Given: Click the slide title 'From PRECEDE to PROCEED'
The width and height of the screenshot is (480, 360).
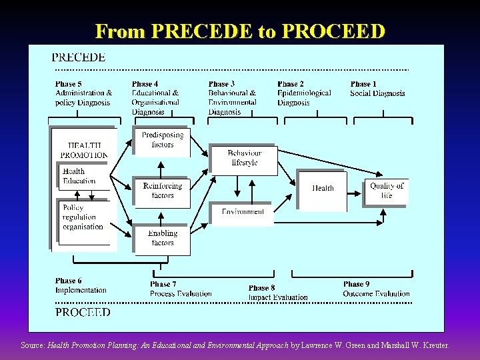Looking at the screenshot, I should [240, 31].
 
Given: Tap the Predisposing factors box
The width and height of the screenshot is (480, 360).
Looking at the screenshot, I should [162, 140].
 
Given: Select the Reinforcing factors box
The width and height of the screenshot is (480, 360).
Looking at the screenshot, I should [162, 191].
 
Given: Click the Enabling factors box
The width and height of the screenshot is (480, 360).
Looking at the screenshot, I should [162, 239].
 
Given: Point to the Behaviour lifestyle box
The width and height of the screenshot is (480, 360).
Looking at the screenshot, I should [244, 159].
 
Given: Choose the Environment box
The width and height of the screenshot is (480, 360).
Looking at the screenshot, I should [243, 213].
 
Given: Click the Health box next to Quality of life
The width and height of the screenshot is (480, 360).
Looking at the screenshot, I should [323, 189].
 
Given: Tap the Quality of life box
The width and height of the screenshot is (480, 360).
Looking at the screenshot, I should [386, 191].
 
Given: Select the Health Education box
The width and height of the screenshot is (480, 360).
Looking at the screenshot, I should [81, 177].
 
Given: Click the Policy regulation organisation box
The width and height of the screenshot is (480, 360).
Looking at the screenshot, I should [83, 217].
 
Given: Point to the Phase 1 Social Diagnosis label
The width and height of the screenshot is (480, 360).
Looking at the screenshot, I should [377, 89].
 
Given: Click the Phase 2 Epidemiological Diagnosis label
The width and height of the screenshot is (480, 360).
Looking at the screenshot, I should [304, 93].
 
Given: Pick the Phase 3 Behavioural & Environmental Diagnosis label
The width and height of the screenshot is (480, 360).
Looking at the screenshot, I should [232, 98].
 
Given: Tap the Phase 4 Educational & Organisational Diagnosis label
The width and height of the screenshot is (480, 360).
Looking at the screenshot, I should [155, 98].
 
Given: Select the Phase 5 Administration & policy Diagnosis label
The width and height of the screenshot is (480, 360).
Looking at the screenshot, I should [84, 93].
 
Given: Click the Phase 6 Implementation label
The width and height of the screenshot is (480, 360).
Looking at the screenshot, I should [81, 285].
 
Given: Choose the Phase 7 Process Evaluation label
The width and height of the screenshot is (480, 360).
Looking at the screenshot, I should [181, 289].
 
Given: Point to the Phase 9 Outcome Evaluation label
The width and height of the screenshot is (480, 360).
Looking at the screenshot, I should [376, 289].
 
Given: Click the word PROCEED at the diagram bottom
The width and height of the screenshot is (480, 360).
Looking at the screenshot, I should [83, 312].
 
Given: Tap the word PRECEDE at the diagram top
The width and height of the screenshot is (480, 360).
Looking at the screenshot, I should [79, 57].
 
